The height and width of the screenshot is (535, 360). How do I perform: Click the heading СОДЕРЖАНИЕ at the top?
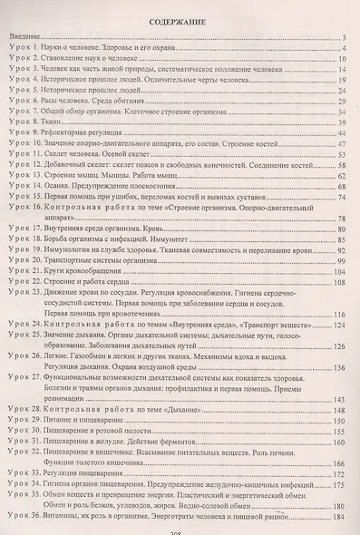[180, 16]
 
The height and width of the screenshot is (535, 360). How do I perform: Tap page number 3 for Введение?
[347, 34]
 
